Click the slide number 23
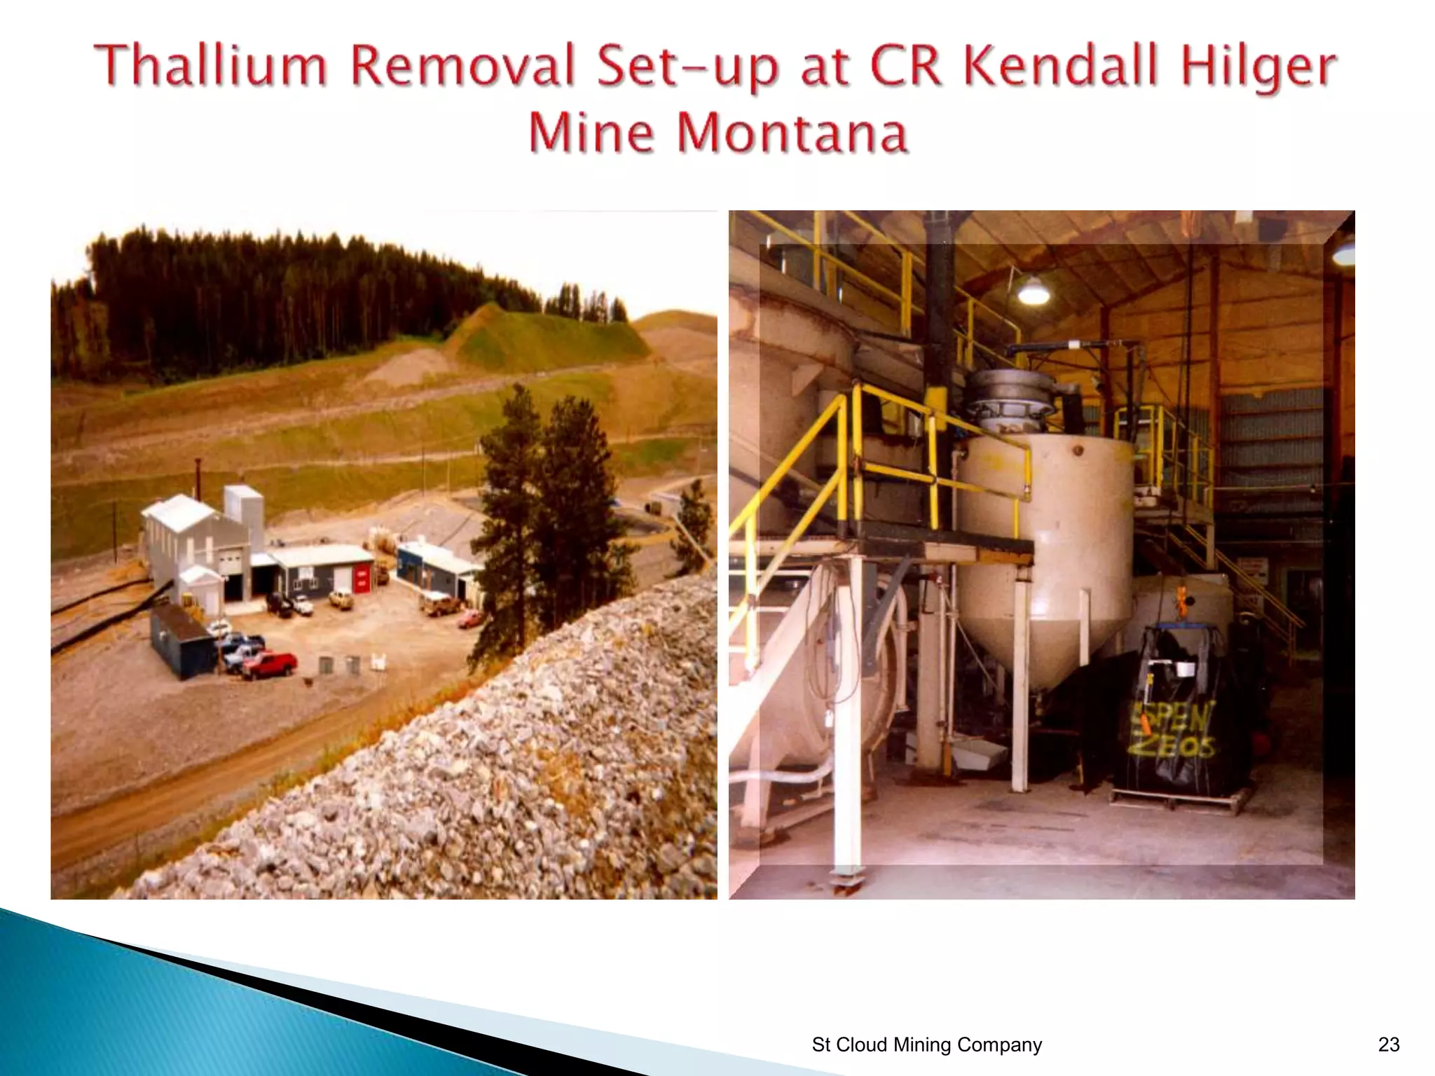(x=1388, y=1044)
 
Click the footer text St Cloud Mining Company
(x=926, y=1044)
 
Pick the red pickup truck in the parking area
(x=270, y=663)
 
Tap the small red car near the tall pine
(x=470, y=619)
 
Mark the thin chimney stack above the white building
(x=198, y=477)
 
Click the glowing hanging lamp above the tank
(x=1033, y=290)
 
